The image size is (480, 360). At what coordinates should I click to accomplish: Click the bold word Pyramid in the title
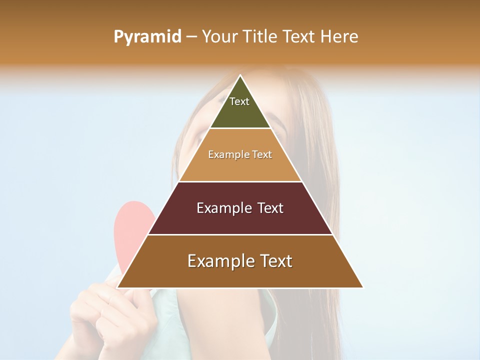[147, 36]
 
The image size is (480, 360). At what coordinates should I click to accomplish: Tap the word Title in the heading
[259, 36]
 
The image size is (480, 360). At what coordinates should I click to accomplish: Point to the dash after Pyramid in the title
[191, 36]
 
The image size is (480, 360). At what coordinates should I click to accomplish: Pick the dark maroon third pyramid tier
[240, 220]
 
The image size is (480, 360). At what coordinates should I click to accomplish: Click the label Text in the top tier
[239, 101]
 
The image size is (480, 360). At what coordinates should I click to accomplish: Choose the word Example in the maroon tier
[222, 208]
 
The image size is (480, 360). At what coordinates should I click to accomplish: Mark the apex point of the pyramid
[240, 76]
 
